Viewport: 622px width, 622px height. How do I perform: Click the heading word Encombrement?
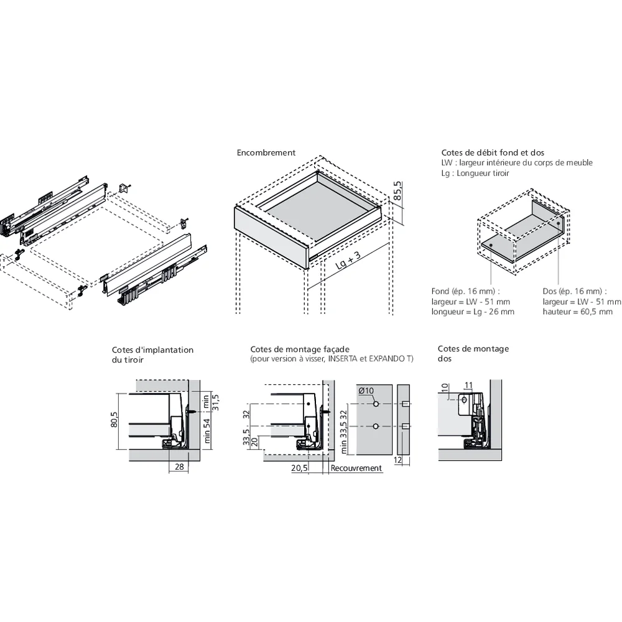[266, 152]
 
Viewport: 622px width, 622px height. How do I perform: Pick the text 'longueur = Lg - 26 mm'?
[473, 312]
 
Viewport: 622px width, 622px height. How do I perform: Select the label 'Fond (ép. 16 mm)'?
[465, 291]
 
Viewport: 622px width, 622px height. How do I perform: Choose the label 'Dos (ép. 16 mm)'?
[571, 291]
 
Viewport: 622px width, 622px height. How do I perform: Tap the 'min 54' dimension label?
[208, 431]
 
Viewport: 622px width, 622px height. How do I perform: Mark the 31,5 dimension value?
[216, 404]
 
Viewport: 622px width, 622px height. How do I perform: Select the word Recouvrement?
[356, 468]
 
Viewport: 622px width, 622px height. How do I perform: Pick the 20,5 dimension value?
[299, 468]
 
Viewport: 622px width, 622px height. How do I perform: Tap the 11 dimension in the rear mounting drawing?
[468, 385]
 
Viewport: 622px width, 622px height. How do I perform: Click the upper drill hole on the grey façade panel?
[376, 404]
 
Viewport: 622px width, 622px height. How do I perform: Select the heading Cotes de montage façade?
[300, 350]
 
